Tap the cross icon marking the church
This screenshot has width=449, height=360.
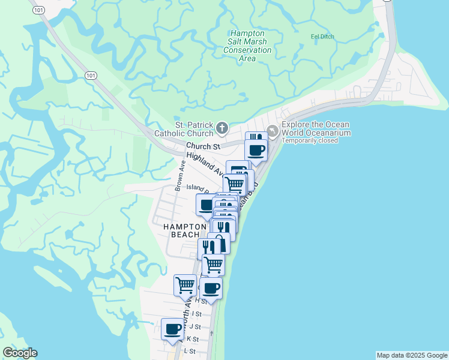[x=222, y=128]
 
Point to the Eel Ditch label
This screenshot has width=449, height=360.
[x=322, y=37]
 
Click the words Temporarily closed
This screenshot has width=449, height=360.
[x=310, y=141]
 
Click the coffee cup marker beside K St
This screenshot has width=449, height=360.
[x=173, y=329]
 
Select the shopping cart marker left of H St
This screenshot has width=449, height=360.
[x=185, y=284]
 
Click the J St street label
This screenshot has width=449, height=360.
[x=195, y=326]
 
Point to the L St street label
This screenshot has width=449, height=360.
[x=190, y=350]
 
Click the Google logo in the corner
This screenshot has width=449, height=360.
[x=20, y=353]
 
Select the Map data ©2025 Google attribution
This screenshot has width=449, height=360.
[x=412, y=355]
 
